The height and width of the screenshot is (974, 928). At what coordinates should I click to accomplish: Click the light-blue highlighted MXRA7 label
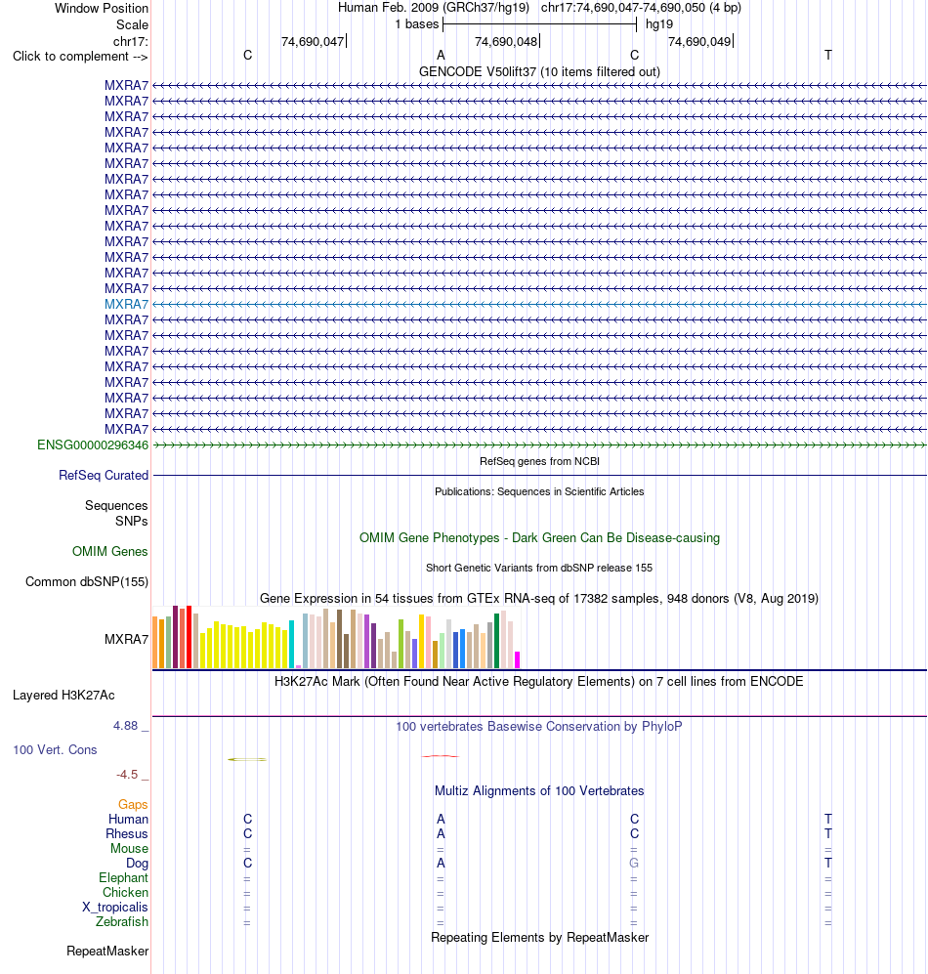tap(126, 305)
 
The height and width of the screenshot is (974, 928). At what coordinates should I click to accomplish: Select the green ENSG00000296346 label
tap(93, 445)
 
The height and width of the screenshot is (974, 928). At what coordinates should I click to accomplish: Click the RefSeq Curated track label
tap(104, 475)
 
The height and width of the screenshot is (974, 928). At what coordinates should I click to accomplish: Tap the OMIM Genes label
tap(109, 552)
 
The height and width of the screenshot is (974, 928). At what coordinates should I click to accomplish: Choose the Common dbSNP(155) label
tap(86, 582)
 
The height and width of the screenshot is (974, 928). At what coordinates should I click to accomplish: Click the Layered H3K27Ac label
tap(63, 696)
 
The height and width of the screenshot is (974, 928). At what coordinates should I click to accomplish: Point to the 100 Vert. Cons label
tap(55, 749)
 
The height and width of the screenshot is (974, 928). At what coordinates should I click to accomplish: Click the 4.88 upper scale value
tap(125, 726)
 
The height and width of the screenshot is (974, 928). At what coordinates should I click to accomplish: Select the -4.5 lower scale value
tap(127, 775)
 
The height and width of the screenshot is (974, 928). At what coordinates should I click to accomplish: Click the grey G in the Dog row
tap(634, 863)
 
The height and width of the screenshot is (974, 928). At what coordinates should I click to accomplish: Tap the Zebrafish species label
tap(122, 922)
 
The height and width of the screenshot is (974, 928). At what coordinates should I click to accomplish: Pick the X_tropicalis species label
tap(115, 907)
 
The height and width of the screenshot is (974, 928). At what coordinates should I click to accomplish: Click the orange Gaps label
tap(133, 804)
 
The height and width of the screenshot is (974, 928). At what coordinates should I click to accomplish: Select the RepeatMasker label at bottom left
tap(107, 951)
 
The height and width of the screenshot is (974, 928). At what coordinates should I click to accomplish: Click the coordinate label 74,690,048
tap(506, 42)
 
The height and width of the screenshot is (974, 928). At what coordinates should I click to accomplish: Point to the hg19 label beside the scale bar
tap(659, 24)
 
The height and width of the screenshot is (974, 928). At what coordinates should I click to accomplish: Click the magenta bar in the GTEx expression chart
tap(518, 659)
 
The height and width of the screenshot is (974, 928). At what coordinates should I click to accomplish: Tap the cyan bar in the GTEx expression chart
tap(291, 644)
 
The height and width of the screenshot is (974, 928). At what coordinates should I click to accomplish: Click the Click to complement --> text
tap(80, 57)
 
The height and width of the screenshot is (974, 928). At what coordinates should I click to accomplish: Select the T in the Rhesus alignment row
tap(828, 833)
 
